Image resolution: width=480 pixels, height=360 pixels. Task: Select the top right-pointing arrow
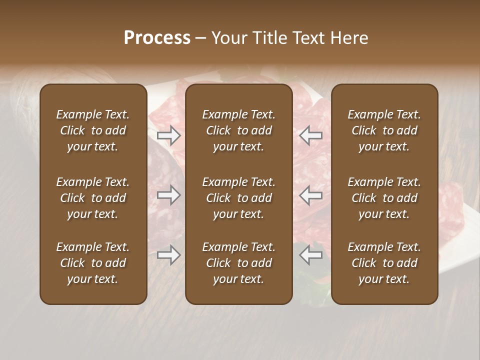pos(168,135)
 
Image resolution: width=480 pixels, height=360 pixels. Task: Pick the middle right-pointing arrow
pos(168,195)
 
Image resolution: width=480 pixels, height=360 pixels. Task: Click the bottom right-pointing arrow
pos(168,255)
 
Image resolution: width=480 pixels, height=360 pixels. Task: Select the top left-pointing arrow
pos(311,135)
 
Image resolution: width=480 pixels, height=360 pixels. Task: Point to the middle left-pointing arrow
pos(311,195)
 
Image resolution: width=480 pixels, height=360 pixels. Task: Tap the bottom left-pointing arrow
pos(311,255)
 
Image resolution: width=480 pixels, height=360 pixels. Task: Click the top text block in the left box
pos(93,130)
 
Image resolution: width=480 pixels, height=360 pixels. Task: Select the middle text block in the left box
pos(93,198)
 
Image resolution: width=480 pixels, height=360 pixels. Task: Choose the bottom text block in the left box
pos(93,263)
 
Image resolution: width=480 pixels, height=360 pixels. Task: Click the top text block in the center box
pos(239,130)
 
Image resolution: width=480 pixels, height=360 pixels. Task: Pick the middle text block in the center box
pos(239,198)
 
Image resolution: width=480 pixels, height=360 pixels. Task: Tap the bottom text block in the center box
pos(239,263)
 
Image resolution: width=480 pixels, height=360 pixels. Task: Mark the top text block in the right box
pos(384,130)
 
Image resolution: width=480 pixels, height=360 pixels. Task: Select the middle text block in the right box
pos(384,198)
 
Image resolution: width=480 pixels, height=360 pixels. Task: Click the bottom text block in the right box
pos(384,263)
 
